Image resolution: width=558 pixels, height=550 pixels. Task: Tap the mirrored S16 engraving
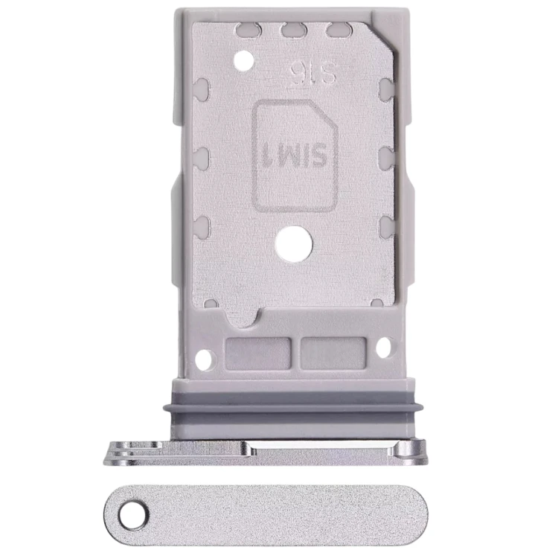click(x=312, y=74)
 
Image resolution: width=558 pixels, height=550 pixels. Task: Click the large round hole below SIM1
click(x=294, y=244)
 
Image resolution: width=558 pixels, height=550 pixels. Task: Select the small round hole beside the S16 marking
click(x=245, y=60)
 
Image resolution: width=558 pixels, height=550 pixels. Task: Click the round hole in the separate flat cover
click(x=133, y=515)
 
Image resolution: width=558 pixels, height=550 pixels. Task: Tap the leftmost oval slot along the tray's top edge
click(x=248, y=30)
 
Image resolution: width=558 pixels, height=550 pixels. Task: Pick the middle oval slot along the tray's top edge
click(x=294, y=30)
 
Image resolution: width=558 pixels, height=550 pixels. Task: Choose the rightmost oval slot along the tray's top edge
click(x=339, y=30)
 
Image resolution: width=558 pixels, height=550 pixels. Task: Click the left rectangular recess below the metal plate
click(x=258, y=353)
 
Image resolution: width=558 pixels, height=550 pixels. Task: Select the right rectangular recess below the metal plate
click(x=333, y=353)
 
